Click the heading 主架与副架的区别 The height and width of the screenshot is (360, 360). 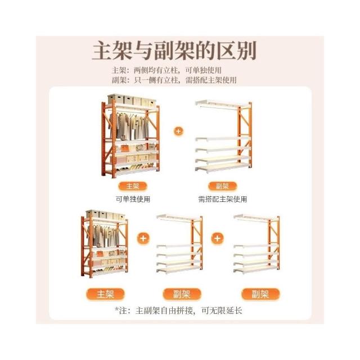pos(174,51)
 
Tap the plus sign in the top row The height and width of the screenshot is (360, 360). pos(179,131)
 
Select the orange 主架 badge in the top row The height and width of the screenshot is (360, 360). pos(133,186)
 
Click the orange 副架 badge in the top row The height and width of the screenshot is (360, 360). pos(223,186)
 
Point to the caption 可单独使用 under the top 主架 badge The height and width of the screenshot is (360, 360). pos(133,199)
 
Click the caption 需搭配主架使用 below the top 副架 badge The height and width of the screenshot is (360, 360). pos(223,199)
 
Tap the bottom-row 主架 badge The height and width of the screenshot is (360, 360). pos(105,294)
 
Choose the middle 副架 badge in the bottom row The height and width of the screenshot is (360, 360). pos(182,294)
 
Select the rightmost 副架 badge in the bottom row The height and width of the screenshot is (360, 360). pos(260,294)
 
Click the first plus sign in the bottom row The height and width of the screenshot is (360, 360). pos(143,238)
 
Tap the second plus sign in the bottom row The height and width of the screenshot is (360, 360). pos(217,238)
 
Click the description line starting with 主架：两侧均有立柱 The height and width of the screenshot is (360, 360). pos(166,70)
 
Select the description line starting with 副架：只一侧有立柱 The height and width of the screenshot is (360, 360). pos(174,80)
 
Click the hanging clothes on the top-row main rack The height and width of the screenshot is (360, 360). pos(129,126)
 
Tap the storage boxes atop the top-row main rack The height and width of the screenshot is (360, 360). pos(132,100)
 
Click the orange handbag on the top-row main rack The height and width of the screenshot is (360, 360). pos(125,148)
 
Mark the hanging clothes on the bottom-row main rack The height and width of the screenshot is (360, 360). pos(103,236)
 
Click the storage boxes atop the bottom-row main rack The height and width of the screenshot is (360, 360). pos(106,215)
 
